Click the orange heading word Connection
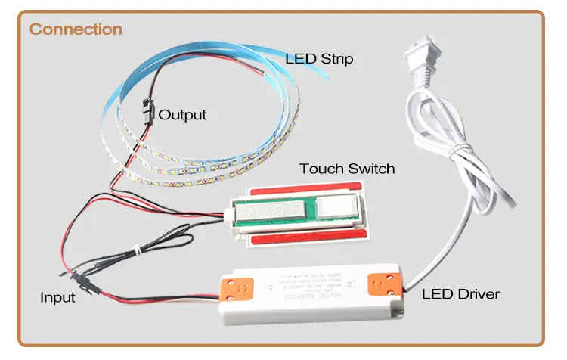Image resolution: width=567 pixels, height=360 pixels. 76,29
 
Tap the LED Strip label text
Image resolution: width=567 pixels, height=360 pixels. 319,58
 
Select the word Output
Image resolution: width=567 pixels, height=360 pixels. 182,115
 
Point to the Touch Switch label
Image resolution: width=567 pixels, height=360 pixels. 347,168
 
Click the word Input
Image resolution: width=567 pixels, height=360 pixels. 57,297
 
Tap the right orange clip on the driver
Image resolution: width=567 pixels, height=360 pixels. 384,283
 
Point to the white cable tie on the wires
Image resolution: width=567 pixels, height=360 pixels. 134,248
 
